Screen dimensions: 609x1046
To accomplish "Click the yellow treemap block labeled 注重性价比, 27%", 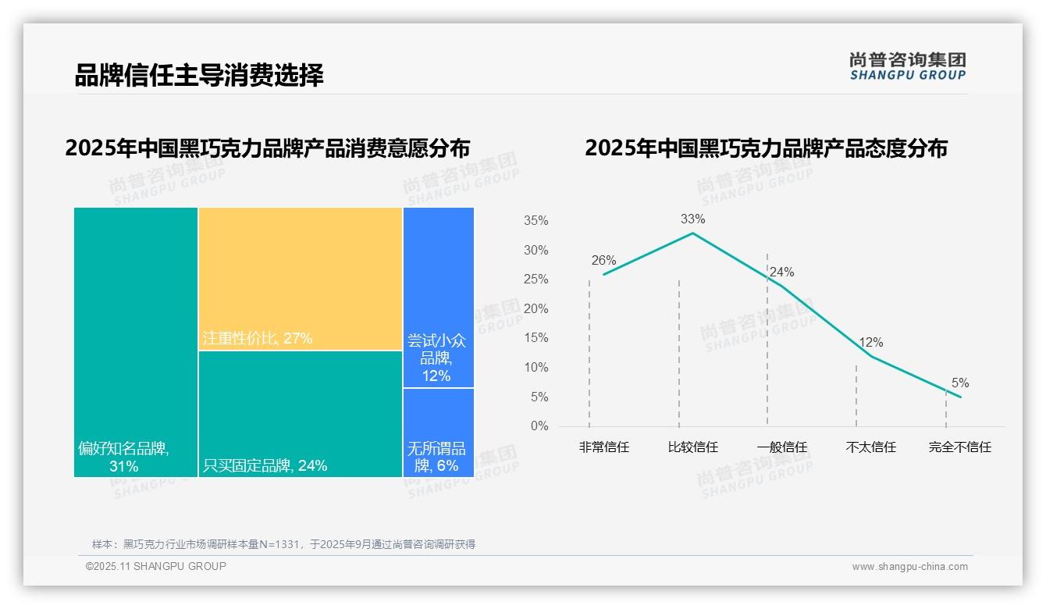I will tap(301, 279).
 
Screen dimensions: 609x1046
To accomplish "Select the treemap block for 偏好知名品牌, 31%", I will tap(136, 342).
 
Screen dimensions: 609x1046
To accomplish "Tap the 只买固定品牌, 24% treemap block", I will tap(301, 414).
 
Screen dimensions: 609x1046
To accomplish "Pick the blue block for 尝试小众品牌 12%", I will tap(439, 297).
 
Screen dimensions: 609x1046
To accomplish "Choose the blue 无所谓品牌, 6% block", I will tap(439, 433).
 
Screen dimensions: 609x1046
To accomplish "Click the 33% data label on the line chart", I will tap(692, 219).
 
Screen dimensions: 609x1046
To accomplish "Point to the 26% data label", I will tap(603, 261).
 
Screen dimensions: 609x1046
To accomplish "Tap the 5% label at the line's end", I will tap(960, 383).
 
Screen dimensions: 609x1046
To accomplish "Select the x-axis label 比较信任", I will tap(693, 447).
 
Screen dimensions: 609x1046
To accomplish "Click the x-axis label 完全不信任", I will tap(960, 447).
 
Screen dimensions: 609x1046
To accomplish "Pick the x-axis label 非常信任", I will tap(604, 447).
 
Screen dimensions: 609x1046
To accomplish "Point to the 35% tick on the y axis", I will tap(535, 221).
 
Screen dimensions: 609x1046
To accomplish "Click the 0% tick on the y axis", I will tap(539, 426).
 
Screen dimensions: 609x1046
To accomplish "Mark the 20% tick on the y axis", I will tap(535, 309).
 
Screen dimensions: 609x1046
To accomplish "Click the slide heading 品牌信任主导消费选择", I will tap(199, 76).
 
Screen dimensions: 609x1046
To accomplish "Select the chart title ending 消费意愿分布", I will tap(268, 148).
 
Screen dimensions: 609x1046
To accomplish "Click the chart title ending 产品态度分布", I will tap(766, 148).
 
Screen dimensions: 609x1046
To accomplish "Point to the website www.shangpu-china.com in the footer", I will tap(909, 567).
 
